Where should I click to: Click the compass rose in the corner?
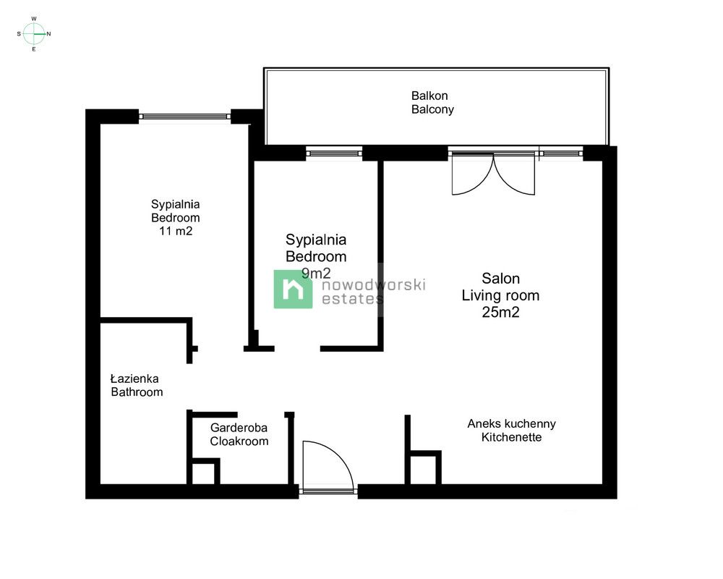pyautogui.click(x=34, y=34)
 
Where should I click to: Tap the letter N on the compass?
pyautogui.click(x=49, y=34)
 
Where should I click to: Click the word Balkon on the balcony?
pyautogui.click(x=429, y=96)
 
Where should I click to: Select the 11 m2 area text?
pyautogui.click(x=176, y=231)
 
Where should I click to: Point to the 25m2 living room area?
pyautogui.click(x=500, y=312)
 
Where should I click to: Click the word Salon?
pyautogui.click(x=500, y=279)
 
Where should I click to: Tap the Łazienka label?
pyautogui.click(x=134, y=379)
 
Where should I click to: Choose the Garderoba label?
pyautogui.click(x=239, y=428)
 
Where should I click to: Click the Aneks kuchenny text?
pyautogui.click(x=511, y=423)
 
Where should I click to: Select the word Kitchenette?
pyautogui.click(x=511, y=437)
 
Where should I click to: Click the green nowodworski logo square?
pyautogui.click(x=293, y=289)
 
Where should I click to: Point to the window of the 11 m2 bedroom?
pyautogui.click(x=184, y=117)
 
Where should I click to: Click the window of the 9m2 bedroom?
pyautogui.click(x=334, y=153)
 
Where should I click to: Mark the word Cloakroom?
pyautogui.click(x=239, y=441)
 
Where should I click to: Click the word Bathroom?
pyautogui.click(x=137, y=392)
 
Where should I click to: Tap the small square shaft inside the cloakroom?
pyautogui.click(x=205, y=471)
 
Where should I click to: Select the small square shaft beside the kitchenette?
pyautogui.click(x=425, y=468)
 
